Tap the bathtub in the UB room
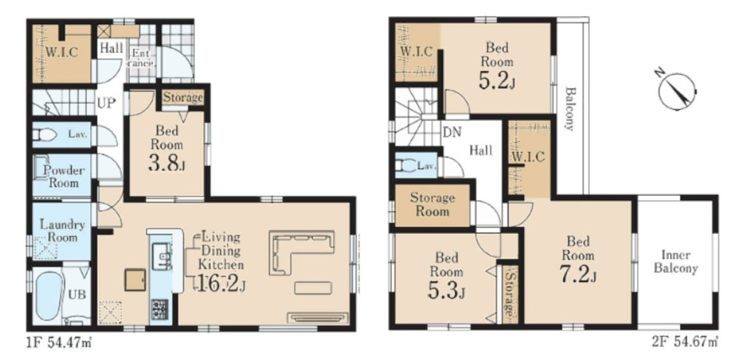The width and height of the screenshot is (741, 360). [49, 296]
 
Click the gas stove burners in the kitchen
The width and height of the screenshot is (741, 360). [160, 309]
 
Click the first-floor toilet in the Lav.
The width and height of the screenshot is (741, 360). [45, 135]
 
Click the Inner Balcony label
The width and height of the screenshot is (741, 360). [676, 262]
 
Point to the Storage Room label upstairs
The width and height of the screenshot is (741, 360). [432, 204]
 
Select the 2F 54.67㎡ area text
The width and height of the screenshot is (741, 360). [685, 341]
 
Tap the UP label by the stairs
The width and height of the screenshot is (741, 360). [106, 103]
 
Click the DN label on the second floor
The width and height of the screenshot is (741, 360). [452, 133]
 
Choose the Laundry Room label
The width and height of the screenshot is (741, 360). [62, 230]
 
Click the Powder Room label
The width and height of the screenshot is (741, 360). [64, 177]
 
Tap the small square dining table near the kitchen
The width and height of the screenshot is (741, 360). [135, 280]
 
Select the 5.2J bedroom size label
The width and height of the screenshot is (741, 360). [497, 80]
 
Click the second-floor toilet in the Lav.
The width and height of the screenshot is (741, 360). [405, 166]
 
